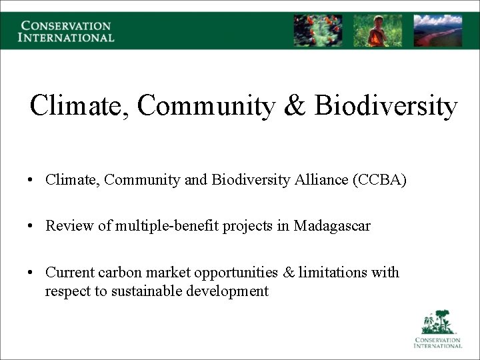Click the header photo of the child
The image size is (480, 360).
(x=377, y=31)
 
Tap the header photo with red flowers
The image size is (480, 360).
(x=318, y=31)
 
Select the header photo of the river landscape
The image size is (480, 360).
(x=437, y=31)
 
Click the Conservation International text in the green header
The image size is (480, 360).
(x=67, y=31)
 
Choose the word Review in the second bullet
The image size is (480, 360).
(x=67, y=226)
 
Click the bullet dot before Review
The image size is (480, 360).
(x=31, y=227)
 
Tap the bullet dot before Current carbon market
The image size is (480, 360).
(x=31, y=273)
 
